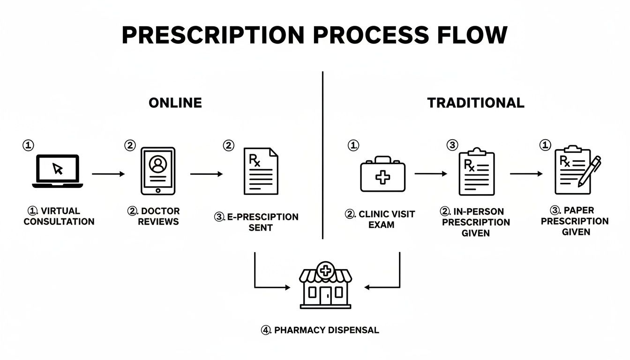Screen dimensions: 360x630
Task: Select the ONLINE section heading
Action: coord(175,103)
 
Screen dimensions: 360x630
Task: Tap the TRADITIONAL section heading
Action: coord(476,103)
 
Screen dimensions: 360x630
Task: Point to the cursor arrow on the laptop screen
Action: coord(58,168)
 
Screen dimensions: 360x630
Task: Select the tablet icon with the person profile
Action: coord(158,171)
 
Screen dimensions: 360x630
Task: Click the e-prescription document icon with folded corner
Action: coord(261,171)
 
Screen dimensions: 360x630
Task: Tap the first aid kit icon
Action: coord(382,174)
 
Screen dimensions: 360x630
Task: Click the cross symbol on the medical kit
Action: coord(383,178)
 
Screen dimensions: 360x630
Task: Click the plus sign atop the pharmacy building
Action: coord(325,270)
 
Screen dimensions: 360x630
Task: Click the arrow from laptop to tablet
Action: coord(108,174)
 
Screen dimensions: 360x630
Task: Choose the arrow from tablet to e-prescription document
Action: coord(206,174)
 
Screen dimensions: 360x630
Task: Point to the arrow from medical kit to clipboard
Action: coord(431,173)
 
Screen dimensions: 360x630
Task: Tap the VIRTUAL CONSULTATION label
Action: coord(59,216)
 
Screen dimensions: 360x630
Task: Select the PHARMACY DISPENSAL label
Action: coord(320,330)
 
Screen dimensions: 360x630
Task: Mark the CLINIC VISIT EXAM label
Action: coord(380,219)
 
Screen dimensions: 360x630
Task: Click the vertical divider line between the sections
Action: coord(323,155)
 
